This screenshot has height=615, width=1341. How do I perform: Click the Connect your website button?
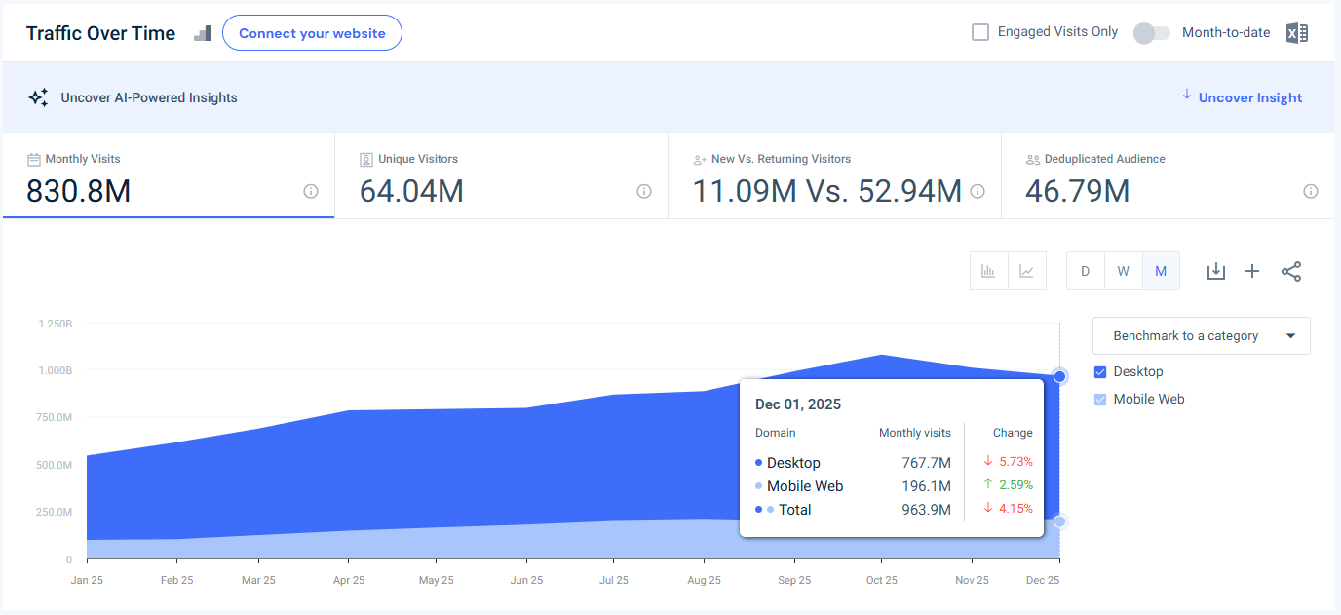click(x=312, y=33)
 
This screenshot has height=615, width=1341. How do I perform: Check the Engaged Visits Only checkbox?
click(x=980, y=32)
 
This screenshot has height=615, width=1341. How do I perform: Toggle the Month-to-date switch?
click(x=1151, y=33)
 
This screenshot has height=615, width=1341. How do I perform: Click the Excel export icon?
click(x=1296, y=33)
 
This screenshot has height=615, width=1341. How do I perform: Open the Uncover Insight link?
click(x=1249, y=97)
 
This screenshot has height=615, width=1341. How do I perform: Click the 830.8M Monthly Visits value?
click(x=78, y=192)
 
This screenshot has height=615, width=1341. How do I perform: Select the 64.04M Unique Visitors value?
click(x=411, y=192)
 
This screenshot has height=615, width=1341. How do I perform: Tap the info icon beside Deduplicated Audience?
click(x=1311, y=192)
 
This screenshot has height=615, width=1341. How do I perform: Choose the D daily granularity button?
click(x=1085, y=271)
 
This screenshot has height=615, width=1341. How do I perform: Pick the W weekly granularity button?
click(x=1123, y=271)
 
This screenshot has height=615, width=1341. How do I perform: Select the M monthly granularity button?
click(x=1161, y=271)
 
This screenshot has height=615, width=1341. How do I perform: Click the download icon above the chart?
click(x=1215, y=271)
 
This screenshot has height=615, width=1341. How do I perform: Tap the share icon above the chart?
click(x=1291, y=271)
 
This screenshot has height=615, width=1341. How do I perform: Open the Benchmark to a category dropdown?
click(x=1201, y=336)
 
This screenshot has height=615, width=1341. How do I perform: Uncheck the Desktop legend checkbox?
click(x=1100, y=372)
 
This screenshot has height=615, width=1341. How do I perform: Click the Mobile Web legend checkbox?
click(x=1100, y=400)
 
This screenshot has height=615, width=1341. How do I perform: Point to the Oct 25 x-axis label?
click(x=882, y=580)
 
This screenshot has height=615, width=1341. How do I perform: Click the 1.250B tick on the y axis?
click(x=55, y=323)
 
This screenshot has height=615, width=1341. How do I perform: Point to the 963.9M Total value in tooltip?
click(x=926, y=510)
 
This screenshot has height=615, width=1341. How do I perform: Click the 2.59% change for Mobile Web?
click(x=1015, y=485)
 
